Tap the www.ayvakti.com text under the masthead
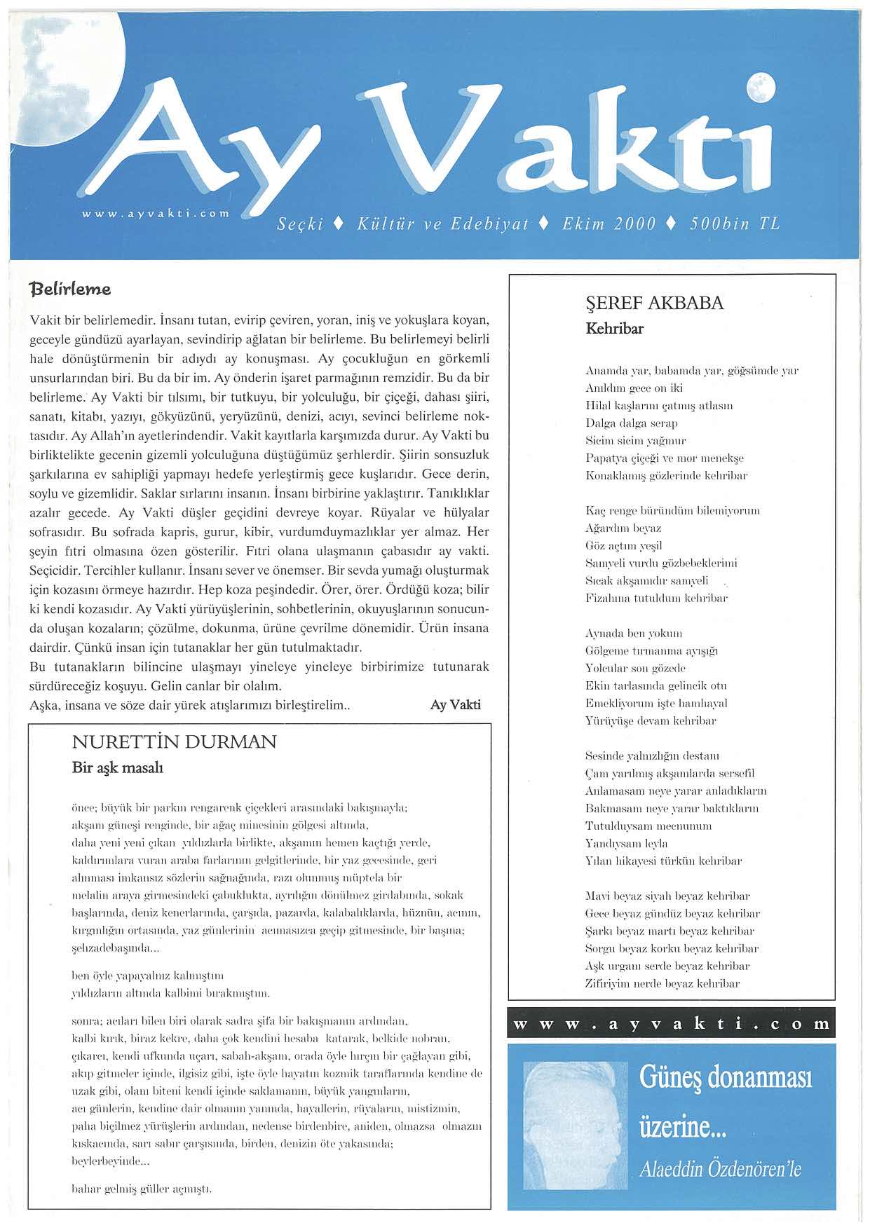coord(156,212)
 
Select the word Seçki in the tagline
coord(300,224)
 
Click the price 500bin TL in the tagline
coord(734,224)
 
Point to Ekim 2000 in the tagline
coord(609,224)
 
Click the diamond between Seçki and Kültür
coord(339,224)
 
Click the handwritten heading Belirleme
coord(70,289)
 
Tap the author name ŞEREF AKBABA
coord(654,303)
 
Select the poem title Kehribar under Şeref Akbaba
coord(614,328)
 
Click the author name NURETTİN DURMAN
coord(174,742)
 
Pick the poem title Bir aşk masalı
coord(118,767)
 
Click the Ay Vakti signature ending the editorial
coord(455,705)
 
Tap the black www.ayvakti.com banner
coord(671,1025)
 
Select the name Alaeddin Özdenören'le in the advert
coord(720,1169)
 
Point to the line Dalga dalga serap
coord(631,423)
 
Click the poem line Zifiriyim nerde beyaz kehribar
coord(662,984)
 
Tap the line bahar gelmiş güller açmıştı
coord(142,1189)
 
